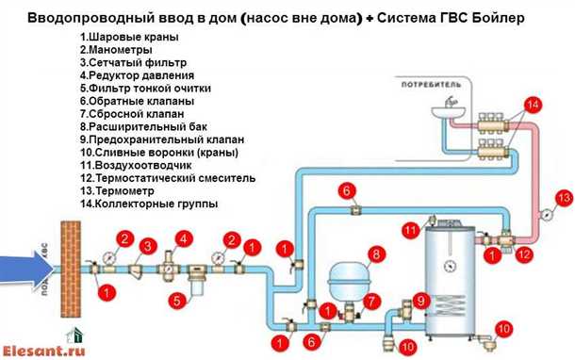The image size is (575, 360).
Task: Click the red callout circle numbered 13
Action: click(564, 198)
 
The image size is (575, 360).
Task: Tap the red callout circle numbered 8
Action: click(375, 254)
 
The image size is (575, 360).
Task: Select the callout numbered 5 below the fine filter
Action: click(175, 302)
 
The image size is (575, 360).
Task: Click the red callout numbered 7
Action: click(371, 302)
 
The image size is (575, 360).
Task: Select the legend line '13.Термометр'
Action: click(120, 190)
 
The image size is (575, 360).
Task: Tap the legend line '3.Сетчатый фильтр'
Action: click(131, 62)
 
